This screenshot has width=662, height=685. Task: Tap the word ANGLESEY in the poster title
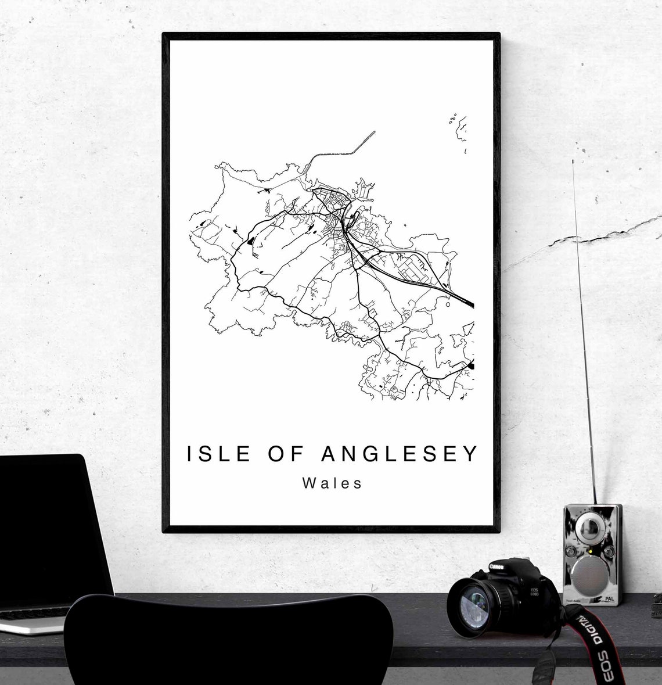click(x=400, y=454)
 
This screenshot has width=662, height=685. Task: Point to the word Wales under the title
click(x=332, y=483)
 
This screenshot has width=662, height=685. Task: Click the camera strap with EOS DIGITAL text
click(x=587, y=633)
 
